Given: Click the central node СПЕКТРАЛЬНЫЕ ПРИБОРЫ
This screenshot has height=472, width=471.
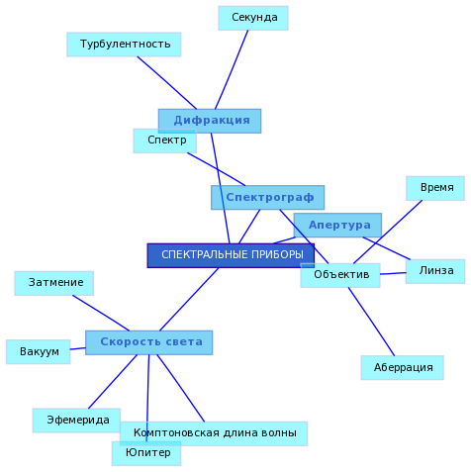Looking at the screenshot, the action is tap(231, 255).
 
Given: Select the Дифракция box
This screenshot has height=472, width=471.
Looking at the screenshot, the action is tap(210, 121).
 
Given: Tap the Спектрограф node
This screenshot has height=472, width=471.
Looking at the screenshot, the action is tap(268, 197).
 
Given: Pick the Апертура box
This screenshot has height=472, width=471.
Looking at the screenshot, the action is tap(337, 225).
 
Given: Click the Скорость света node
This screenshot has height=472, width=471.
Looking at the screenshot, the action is tap(149, 342).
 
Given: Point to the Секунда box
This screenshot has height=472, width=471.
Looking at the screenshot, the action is tap(253, 18).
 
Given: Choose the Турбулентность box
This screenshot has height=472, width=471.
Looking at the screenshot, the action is tap(124, 45).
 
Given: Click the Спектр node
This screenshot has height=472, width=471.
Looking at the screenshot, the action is tap(165, 141).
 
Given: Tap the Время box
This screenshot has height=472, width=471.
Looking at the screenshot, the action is tap(435, 188).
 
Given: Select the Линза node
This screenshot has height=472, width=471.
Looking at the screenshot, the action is tap(435, 271).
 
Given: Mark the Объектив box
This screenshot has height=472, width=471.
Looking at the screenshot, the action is tap(340, 275).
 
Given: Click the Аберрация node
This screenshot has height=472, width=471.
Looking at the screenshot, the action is tap(403, 367).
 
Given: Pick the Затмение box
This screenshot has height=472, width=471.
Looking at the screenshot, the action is tap(54, 283).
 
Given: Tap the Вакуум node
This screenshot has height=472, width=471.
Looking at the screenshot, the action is tap(39, 351).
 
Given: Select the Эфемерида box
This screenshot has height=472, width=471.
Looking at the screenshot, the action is tap(76, 421).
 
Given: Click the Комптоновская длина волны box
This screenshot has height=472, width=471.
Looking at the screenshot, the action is tap(214, 433).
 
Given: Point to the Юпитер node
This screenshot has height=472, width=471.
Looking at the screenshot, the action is tap(146, 453).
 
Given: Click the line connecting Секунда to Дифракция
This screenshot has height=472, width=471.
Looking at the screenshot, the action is tap(232, 69).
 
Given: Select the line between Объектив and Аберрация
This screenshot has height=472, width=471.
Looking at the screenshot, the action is tap(371, 322).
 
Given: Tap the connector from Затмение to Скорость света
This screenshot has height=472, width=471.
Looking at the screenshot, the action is tap(101, 313).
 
